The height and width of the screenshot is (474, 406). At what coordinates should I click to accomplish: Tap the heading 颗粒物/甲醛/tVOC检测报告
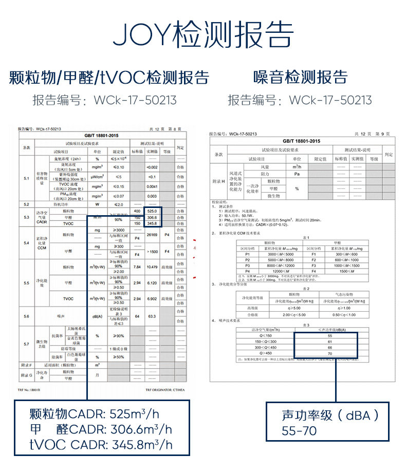[109, 78]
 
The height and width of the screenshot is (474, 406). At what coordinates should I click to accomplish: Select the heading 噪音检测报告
[301, 78]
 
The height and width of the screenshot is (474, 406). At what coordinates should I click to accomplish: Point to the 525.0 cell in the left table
[152, 212]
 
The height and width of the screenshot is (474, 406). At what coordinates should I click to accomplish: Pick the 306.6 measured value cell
[152, 218]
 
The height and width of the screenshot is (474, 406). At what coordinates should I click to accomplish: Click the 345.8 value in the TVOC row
[152, 224]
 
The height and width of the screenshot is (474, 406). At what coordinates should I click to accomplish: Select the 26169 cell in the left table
[152, 235]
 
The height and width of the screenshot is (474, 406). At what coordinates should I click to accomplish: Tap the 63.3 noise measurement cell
[152, 317]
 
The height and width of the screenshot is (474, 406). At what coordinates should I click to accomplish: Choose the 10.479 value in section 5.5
[152, 267]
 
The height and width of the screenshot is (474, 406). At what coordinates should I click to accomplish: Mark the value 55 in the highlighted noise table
[329, 336]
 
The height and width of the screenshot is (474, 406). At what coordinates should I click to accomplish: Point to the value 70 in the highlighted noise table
[329, 353]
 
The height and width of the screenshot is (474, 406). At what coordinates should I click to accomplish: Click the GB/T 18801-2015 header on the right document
[301, 141]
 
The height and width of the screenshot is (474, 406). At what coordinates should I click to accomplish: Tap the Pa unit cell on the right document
[297, 174]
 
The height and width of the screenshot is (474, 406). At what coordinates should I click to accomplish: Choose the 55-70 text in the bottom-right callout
[299, 431]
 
